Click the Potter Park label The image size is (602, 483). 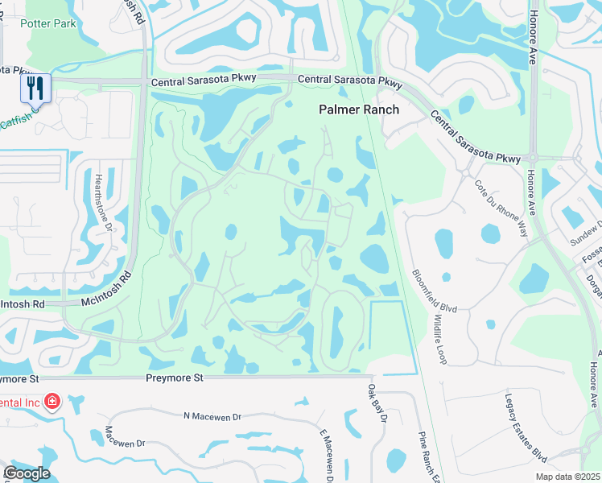pos(50,23)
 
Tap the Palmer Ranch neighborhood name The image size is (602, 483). pos(359,109)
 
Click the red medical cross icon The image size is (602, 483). pos(53,400)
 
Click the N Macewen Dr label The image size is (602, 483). pos(212,416)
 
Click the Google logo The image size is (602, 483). pos(27,473)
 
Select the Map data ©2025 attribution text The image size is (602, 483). pos(567,477)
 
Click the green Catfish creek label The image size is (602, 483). pos(16,122)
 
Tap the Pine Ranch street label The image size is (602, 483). pos(427,456)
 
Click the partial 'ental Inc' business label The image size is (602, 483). pos(21,402)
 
